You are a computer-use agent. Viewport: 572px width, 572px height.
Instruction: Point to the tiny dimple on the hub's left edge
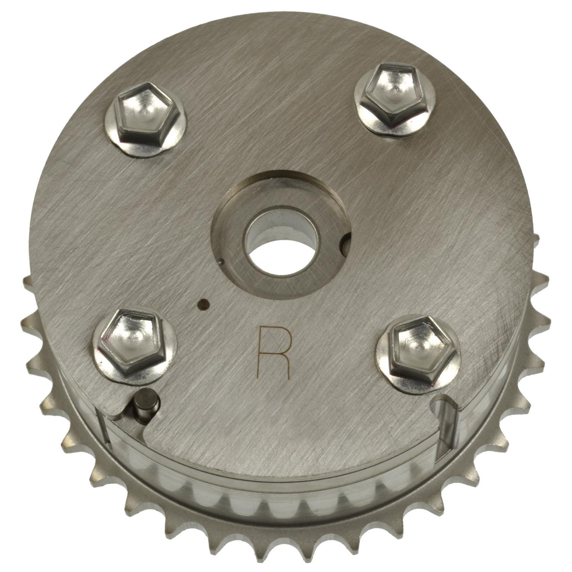tap(222, 262)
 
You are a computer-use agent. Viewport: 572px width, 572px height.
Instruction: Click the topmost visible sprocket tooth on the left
tap(27, 283)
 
